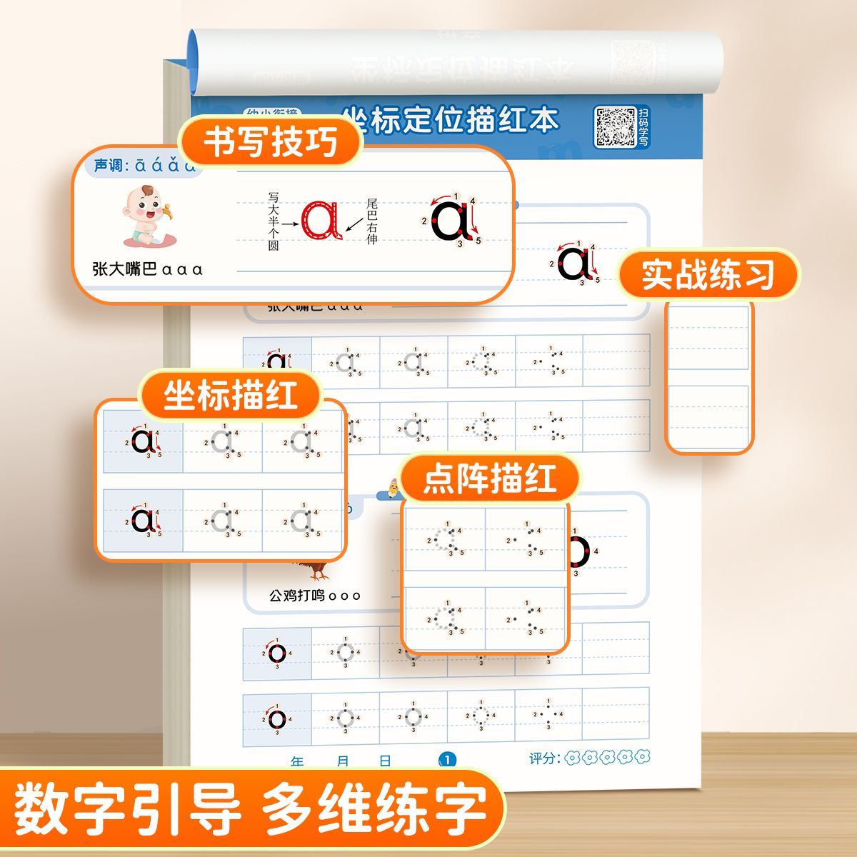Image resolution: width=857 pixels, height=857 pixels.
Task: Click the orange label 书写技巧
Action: (271, 142)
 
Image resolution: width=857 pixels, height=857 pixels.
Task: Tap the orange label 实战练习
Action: (708, 274)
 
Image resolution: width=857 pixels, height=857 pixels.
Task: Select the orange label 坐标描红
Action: (231, 395)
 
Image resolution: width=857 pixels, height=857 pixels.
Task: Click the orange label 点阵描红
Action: (490, 478)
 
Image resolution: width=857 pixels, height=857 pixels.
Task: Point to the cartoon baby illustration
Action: (145, 216)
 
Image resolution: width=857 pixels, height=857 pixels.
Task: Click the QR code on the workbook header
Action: (615, 127)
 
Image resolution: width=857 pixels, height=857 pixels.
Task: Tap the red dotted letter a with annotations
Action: (321, 219)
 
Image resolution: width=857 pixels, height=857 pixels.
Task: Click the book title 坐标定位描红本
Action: (450, 119)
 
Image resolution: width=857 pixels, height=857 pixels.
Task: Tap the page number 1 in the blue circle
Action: (448, 760)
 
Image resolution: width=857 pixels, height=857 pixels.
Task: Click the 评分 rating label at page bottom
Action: (544, 758)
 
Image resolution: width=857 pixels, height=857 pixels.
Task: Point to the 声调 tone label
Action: (109, 166)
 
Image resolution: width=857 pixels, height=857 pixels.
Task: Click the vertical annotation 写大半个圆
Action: (274, 221)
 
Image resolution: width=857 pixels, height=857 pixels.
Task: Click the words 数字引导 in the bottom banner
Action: (129, 811)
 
